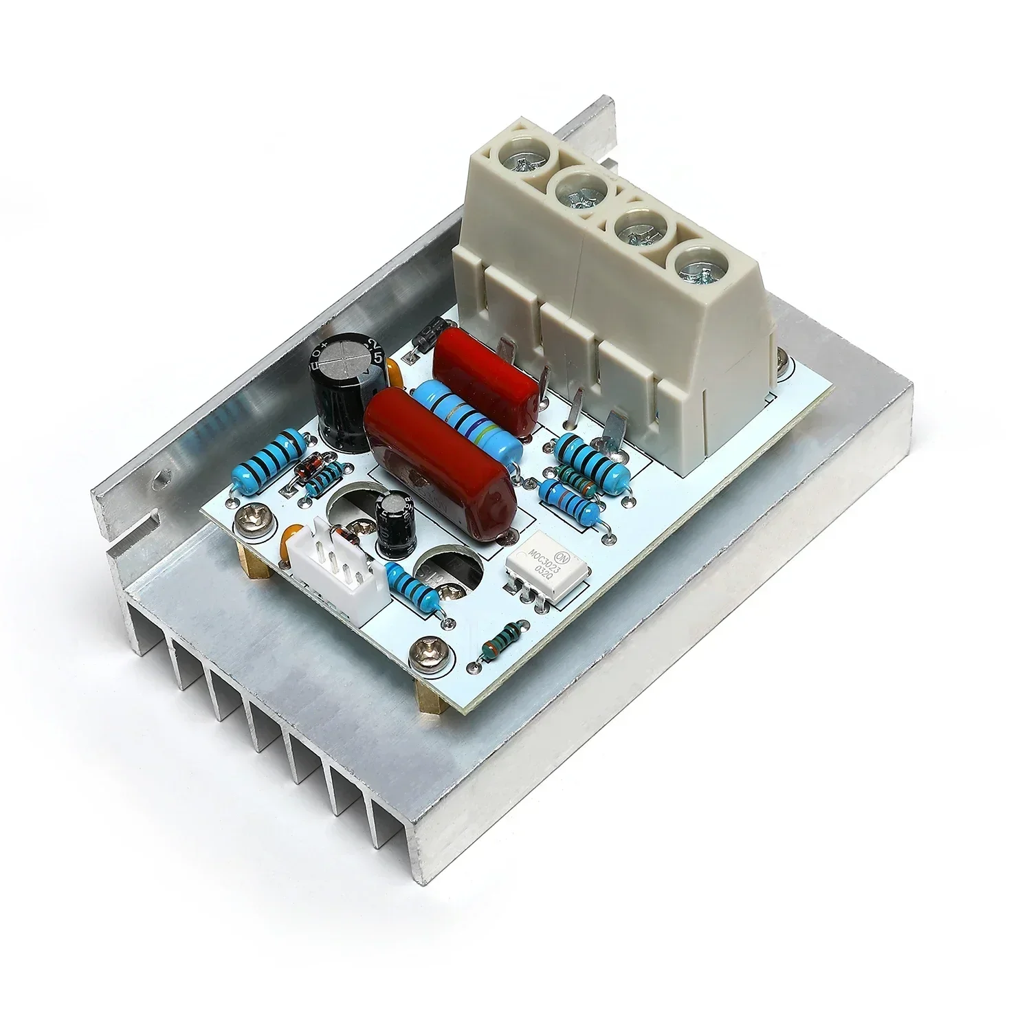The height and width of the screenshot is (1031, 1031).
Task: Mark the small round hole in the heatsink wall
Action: pos(162,475)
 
